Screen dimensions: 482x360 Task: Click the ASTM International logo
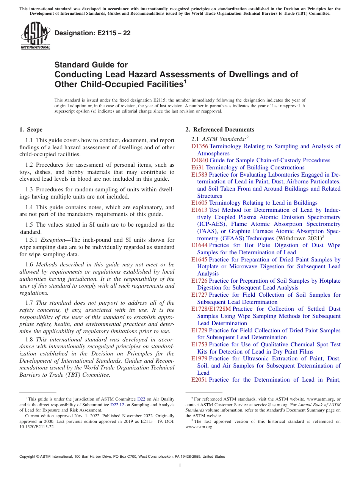35,36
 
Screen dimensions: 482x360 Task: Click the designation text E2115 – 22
92,33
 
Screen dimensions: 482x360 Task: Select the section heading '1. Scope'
31,130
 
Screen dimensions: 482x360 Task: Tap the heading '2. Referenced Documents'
220,130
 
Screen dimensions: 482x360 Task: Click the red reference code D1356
200,146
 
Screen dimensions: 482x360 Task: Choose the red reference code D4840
200,160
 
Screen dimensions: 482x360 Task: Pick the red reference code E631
198,167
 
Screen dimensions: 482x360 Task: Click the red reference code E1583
199,175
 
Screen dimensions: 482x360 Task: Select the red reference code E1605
199,203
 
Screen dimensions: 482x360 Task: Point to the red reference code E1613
199,210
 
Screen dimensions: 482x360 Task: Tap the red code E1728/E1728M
211,309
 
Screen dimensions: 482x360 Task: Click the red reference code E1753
199,344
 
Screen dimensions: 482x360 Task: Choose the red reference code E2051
199,380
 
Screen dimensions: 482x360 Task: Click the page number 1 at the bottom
180,466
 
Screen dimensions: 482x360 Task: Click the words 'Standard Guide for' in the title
91,65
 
